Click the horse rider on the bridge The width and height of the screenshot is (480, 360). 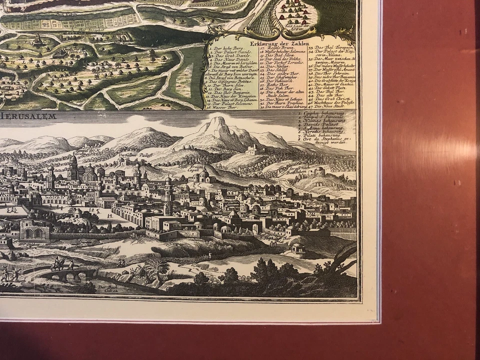click(57, 263)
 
